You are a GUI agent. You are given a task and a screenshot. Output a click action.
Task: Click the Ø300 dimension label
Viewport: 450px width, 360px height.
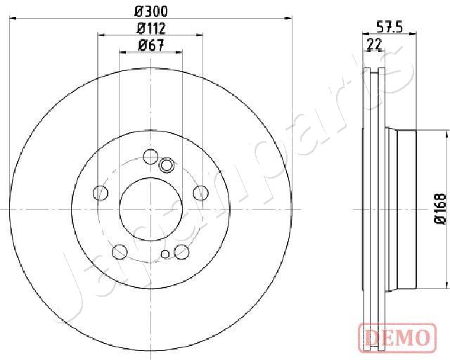[x=150, y=11]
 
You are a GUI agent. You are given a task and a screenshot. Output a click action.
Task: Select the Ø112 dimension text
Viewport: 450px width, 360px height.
[x=151, y=28]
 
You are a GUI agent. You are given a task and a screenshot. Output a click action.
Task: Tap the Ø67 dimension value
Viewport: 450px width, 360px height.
[x=151, y=46]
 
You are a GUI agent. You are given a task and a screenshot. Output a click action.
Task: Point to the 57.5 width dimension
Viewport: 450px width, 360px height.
[x=390, y=27]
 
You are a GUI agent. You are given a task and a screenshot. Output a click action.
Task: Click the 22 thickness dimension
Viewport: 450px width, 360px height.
[x=375, y=44]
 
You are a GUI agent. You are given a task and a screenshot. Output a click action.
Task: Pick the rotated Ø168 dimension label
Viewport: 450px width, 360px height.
[x=441, y=209]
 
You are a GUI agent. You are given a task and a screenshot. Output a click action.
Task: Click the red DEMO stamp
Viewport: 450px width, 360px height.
[x=397, y=337]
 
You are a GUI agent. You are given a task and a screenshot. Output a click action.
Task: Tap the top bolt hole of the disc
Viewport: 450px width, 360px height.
[x=150, y=157]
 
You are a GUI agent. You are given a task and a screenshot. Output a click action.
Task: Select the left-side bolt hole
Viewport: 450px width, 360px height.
[x=101, y=193]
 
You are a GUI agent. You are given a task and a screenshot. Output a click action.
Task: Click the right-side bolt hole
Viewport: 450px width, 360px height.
[x=200, y=193]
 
